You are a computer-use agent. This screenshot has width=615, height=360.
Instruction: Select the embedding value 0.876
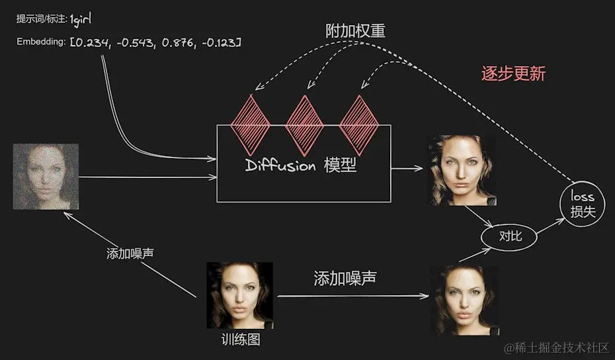175,43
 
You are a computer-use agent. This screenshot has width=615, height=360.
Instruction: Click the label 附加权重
355,31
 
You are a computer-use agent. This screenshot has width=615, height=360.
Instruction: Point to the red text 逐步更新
513,73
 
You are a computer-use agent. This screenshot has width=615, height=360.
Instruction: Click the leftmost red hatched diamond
250,119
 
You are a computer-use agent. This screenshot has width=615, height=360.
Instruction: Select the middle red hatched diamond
304,119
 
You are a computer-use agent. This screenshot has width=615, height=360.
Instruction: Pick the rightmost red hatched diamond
358,119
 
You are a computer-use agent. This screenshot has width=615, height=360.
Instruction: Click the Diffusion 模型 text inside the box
301,165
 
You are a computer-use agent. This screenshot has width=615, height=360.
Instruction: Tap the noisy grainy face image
46,176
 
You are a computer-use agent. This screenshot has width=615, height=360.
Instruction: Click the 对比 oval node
508,236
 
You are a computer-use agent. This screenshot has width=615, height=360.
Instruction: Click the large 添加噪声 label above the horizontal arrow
345,278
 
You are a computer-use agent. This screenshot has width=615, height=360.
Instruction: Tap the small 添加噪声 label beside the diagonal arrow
132,255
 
